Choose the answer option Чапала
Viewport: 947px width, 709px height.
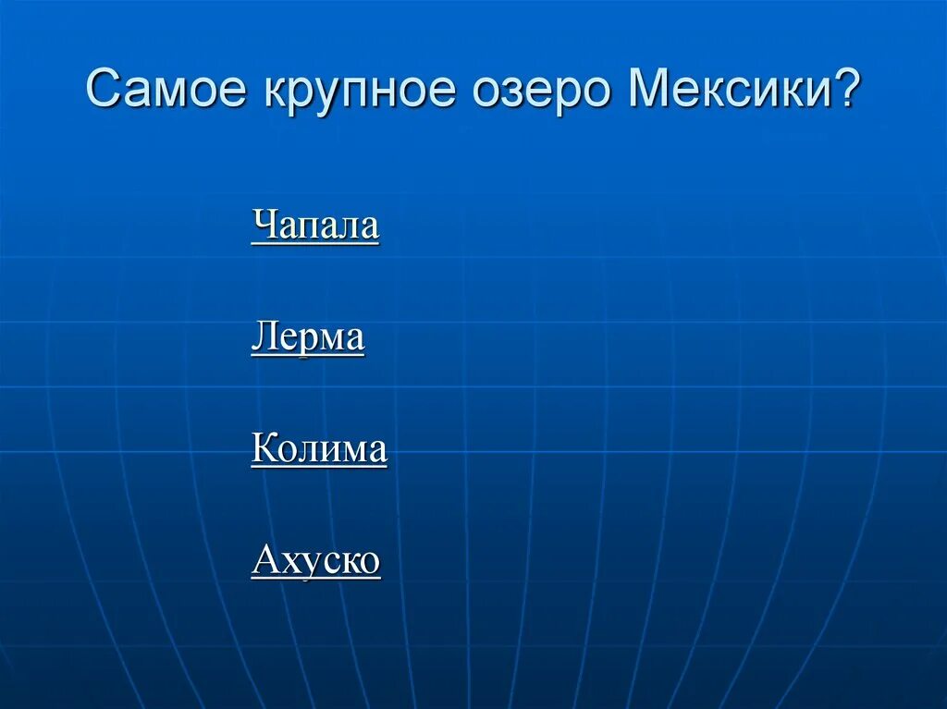(314, 226)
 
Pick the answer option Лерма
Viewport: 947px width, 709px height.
(307, 337)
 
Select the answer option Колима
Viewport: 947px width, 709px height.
(318, 449)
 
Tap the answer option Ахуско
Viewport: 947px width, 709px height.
(315, 560)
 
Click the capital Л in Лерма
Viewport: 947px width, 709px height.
(262, 337)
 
